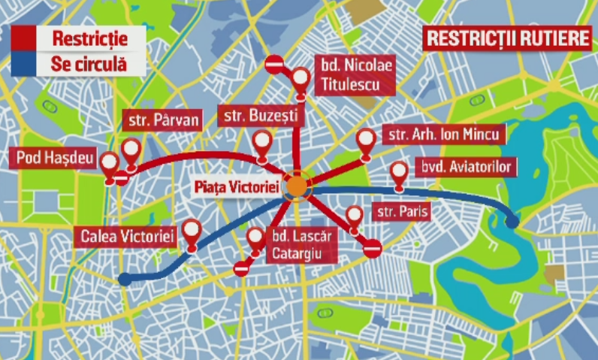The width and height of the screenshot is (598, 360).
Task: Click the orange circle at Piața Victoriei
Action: point(297,186)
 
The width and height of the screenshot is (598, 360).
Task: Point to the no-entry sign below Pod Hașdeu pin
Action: point(121,178)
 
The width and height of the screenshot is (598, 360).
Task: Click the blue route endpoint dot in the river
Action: point(513,222)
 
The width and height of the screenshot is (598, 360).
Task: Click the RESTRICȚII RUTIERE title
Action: point(506,38)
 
